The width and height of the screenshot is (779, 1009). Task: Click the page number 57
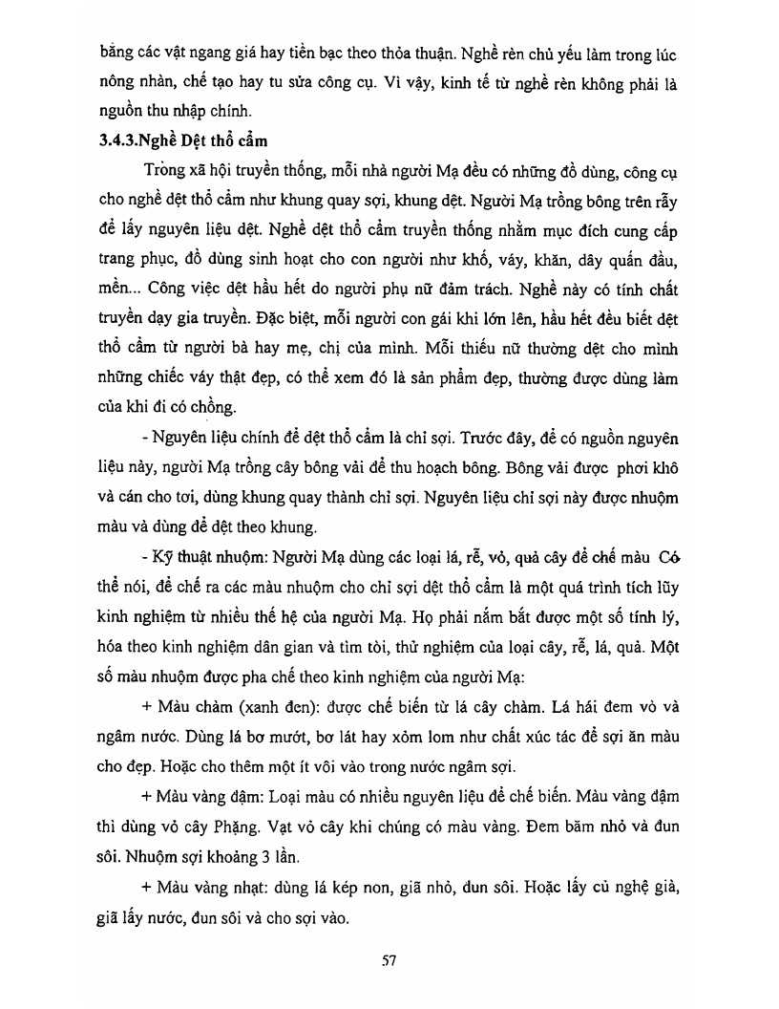(x=389, y=960)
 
